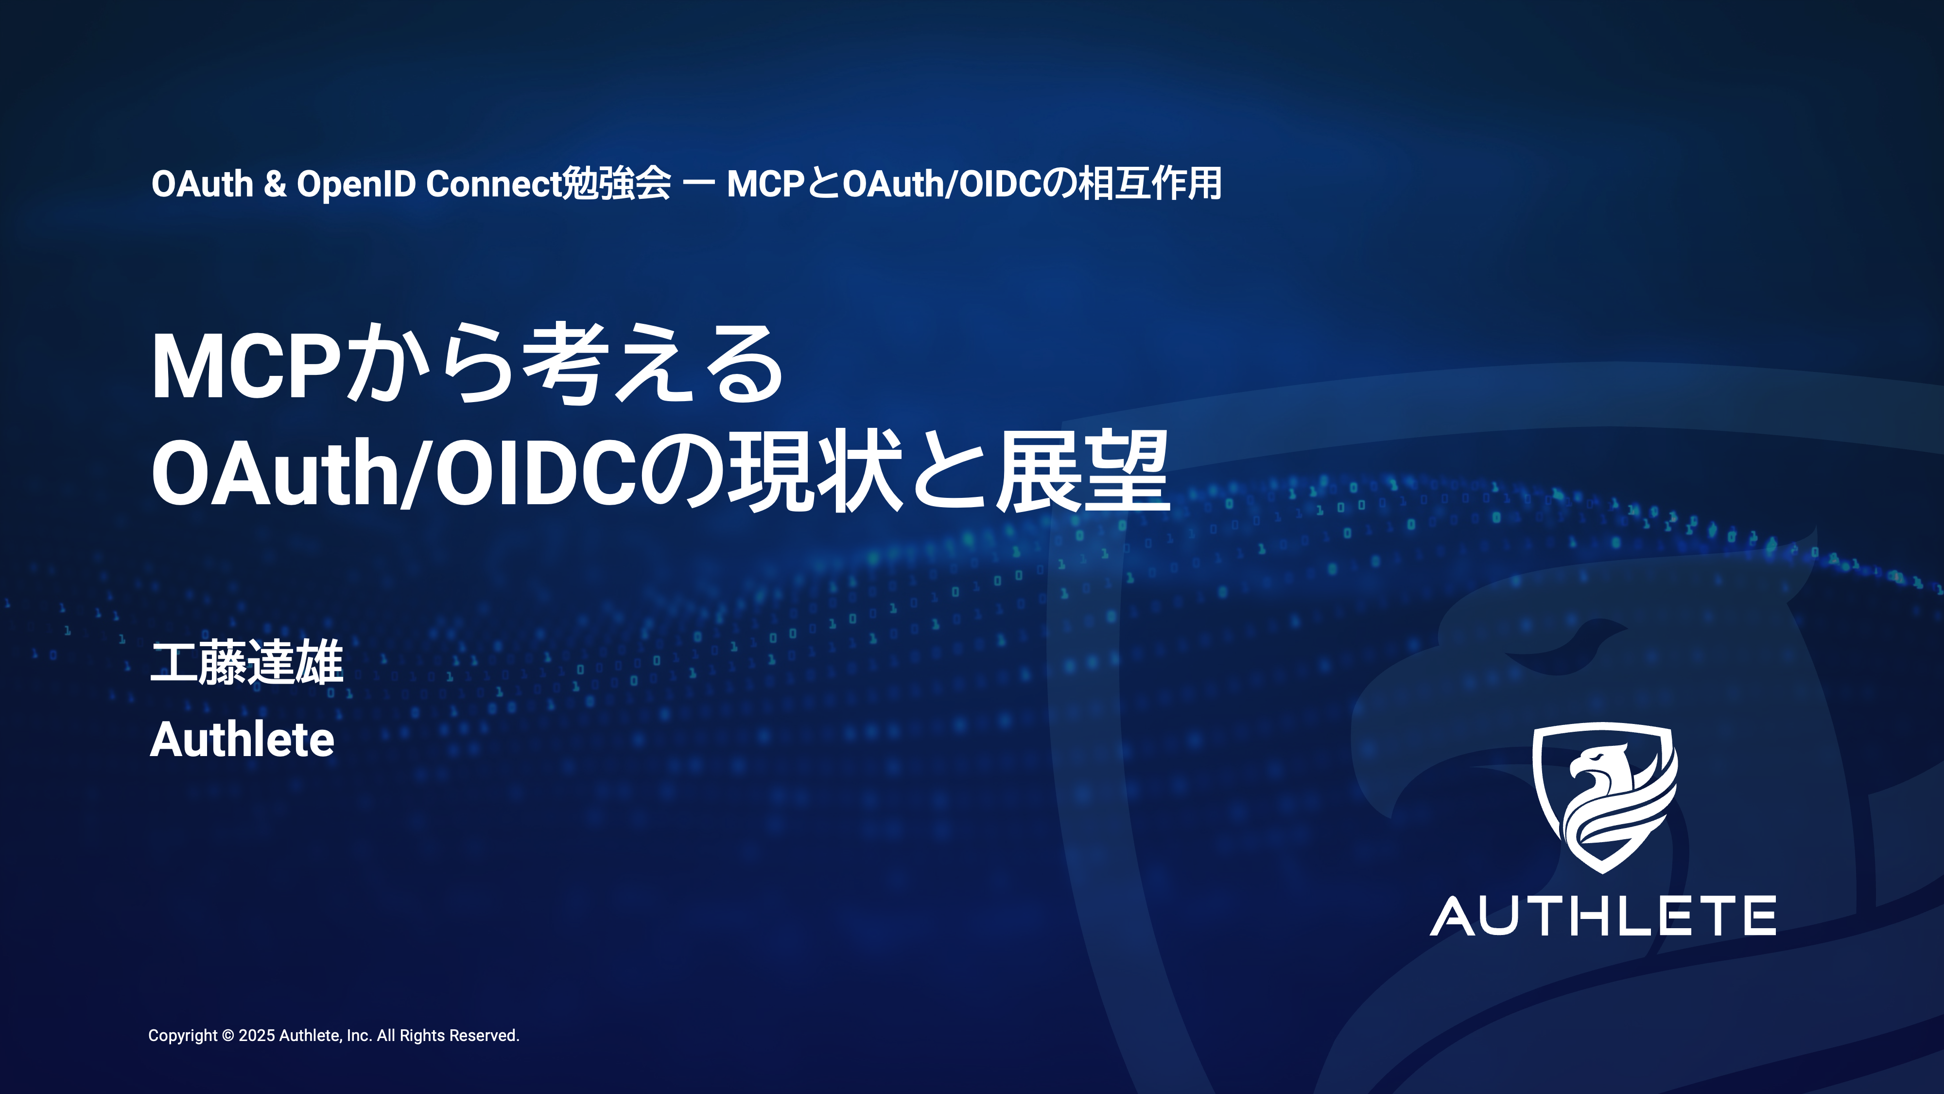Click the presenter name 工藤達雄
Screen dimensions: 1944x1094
247,663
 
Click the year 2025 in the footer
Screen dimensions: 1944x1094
257,1036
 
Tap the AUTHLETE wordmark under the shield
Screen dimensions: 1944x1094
1603,916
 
